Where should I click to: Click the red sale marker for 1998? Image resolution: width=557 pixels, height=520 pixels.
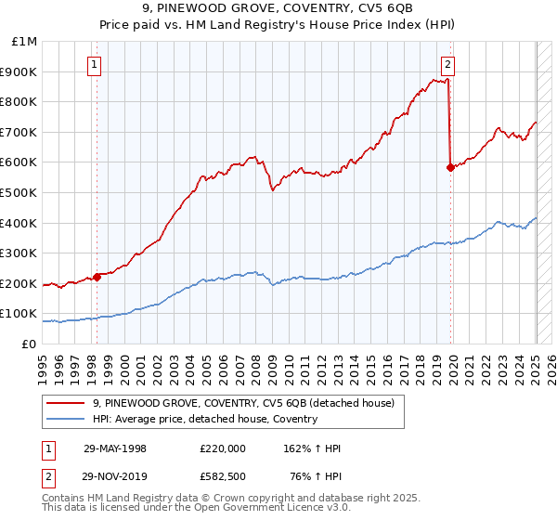pyautogui.click(x=97, y=276)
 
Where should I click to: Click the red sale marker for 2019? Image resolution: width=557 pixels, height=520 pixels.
pyautogui.click(x=450, y=167)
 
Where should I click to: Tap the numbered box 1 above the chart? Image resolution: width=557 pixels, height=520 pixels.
pyautogui.click(x=96, y=64)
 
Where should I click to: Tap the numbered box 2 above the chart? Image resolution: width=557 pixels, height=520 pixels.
pyautogui.click(x=447, y=64)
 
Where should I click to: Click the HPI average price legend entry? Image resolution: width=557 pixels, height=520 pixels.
pyautogui.click(x=204, y=419)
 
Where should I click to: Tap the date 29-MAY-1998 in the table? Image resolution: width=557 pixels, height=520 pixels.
pyautogui.click(x=115, y=448)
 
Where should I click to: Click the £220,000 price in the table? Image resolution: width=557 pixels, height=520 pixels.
pyautogui.click(x=223, y=448)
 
